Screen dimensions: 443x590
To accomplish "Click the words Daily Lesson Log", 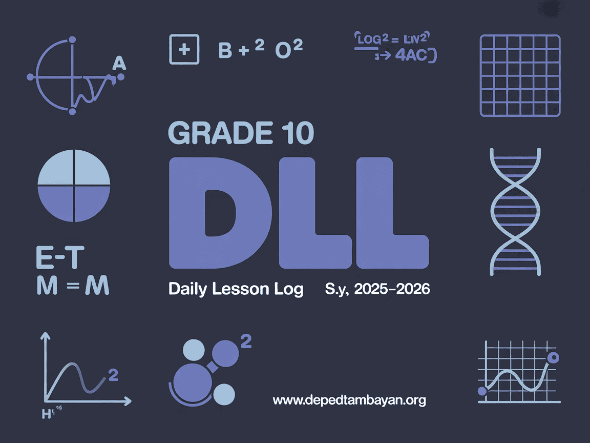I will pos(236,289).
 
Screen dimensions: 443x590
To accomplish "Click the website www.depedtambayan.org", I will pos(349,400).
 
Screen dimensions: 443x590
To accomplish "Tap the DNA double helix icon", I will pos(515,213).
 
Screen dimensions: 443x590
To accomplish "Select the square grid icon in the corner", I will pos(520,75).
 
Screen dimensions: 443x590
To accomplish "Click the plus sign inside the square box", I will pos(183,50).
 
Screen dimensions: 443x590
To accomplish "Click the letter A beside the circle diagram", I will pos(118,63).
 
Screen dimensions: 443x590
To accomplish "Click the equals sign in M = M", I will pos(73,287).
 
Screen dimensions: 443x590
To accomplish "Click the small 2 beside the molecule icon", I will pos(246,342).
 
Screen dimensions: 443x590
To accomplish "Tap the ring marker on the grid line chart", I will pos(553,358).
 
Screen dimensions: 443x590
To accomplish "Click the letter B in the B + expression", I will pos(225,50).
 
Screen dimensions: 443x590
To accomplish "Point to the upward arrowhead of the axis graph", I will pos(45,336).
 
